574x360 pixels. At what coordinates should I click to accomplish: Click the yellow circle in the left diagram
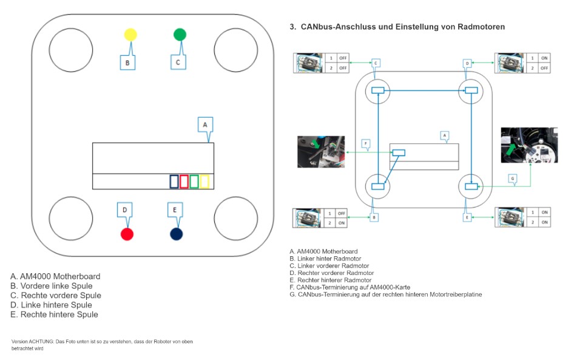pos(130,35)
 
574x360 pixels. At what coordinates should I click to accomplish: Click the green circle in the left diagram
pos(180,35)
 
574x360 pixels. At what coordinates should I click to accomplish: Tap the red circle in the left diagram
pos(127,234)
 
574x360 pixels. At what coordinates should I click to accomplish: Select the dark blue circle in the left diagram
pos(177,234)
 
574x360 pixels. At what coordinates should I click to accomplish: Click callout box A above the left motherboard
pos(206,124)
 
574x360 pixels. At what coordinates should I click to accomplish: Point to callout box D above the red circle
pos(124,210)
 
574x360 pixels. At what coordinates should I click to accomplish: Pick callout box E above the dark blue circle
pos(175,210)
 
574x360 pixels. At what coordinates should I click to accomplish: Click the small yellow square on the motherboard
pos(204,181)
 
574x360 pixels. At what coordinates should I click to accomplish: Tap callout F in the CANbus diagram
pos(365,144)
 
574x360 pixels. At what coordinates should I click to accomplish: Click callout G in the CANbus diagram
pos(513,178)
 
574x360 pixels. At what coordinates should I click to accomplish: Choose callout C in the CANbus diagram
pos(376,63)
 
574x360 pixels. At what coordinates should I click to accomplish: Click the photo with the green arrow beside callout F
pos(320,151)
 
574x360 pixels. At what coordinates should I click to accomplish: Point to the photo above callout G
pos(529,145)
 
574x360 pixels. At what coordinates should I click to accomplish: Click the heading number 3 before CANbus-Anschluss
pos(292,27)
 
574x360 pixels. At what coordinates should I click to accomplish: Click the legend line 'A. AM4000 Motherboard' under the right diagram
pos(323,251)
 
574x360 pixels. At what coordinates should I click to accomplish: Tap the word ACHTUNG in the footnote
pos(41,342)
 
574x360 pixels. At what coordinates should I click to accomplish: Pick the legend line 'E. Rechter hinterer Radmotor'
pos(331,280)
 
